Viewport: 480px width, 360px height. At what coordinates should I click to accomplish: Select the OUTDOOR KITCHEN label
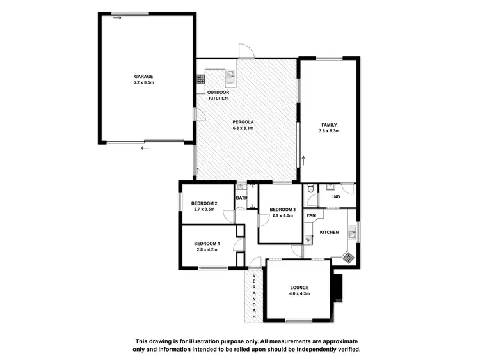click(x=218, y=95)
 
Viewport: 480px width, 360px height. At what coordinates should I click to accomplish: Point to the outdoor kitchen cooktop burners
click(x=200, y=80)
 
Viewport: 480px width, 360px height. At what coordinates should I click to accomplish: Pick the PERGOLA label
click(x=244, y=121)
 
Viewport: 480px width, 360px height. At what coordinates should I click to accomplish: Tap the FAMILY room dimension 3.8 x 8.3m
click(x=330, y=131)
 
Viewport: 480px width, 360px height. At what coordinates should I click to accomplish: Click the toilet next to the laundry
click(x=309, y=189)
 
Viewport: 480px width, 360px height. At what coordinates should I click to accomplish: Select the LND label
click(x=335, y=197)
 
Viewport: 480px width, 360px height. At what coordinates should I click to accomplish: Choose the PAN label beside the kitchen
click(x=311, y=215)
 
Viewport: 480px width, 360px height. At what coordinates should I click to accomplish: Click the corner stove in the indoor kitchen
click(x=348, y=258)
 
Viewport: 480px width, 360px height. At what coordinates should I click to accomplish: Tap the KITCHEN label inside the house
click(x=329, y=232)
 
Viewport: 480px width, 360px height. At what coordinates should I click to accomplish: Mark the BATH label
click(x=241, y=198)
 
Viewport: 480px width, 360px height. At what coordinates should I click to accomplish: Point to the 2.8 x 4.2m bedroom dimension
click(x=206, y=249)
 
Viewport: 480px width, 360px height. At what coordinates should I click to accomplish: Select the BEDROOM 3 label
click(x=282, y=210)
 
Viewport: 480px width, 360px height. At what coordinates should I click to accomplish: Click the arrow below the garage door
click(x=145, y=148)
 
